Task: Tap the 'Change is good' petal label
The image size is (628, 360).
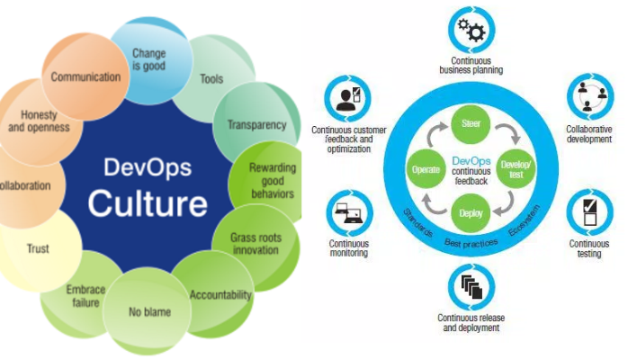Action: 148,59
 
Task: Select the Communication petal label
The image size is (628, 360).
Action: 85,76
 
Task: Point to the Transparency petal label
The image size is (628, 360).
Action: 256,124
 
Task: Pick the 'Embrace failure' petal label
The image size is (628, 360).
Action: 86,297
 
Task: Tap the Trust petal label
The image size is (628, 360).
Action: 38,248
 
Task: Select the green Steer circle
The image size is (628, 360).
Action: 470,121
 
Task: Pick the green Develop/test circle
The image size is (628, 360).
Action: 516,167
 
